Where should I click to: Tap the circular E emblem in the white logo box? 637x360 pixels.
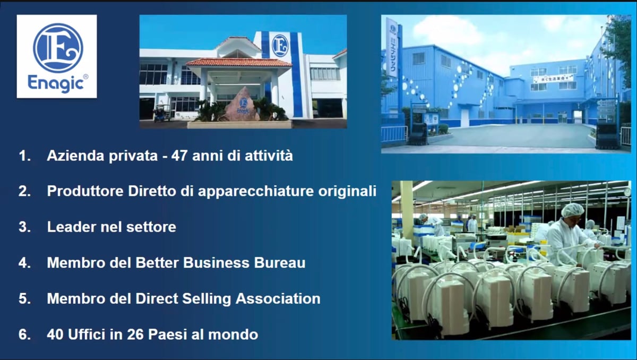[x=58, y=47]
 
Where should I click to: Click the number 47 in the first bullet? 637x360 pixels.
[x=179, y=156]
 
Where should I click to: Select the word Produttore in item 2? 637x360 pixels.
[x=85, y=191]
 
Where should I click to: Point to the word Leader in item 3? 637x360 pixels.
[x=71, y=227]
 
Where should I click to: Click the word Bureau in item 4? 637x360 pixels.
[x=280, y=263]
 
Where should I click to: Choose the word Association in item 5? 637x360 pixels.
[x=278, y=298]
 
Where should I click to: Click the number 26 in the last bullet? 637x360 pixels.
[x=135, y=335]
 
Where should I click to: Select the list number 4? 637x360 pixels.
[x=24, y=263]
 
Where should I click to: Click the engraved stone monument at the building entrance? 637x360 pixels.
[x=243, y=105]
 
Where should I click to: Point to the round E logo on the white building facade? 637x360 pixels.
[x=280, y=46]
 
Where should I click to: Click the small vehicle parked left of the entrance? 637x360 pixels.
[x=162, y=113]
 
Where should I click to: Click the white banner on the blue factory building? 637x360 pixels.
[x=553, y=79]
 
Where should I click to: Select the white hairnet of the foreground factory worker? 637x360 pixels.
[x=572, y=210]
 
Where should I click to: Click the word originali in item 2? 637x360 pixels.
[x=347, y=191]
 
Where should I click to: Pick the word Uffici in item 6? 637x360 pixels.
[x=87, y=335]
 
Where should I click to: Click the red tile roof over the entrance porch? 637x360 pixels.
[x=239, y=62]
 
